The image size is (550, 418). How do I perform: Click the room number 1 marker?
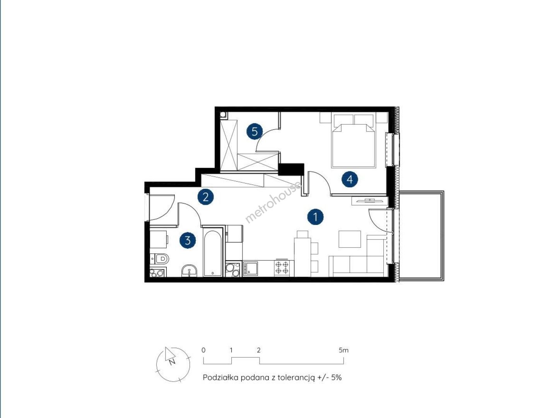coord(315,217)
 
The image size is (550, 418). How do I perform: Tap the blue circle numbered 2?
coord(205,197)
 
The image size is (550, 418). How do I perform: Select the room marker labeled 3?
coord(188,240)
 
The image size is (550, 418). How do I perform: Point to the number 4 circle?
coord(350,179)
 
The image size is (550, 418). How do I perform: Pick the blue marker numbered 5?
coord(255,131)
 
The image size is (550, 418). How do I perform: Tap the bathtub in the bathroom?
coord(213,253)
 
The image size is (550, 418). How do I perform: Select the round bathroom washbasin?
coord(189,271)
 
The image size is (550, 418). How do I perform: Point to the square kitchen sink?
coord(251,268)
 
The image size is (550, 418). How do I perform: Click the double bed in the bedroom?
coord(354,140)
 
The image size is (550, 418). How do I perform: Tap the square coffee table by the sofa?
coord(350,239)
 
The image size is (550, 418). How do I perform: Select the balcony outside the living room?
coord(421,236)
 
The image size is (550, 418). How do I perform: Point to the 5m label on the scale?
coord(343,350)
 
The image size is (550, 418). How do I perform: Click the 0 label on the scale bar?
coord(203,350)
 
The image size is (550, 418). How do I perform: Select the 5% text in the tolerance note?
coord(336,378)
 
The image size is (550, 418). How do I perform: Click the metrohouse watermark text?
coord(273,202)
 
